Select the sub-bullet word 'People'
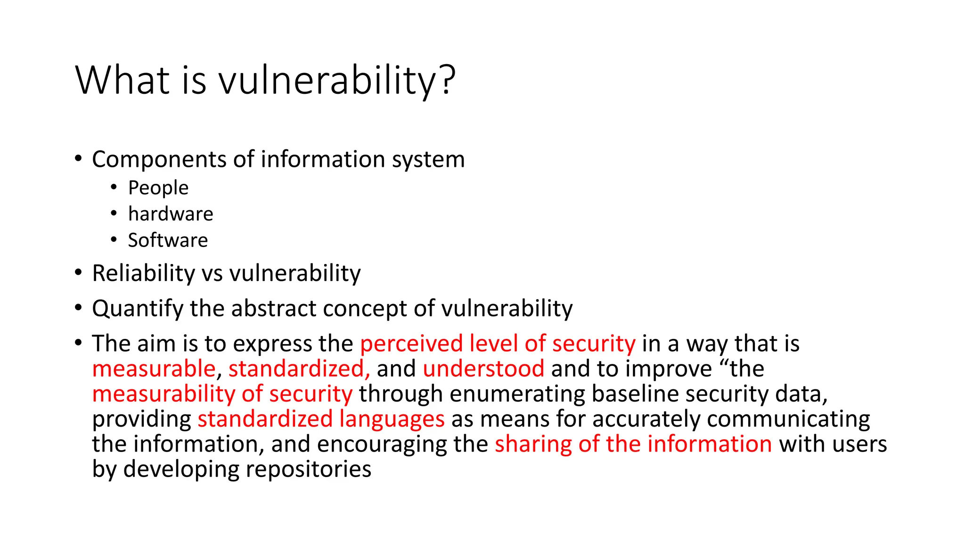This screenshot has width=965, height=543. click(x=158, y=188)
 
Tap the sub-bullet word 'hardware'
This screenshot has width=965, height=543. click(x=171, y=214)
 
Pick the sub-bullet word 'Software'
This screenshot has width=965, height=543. click(x=168, y=240)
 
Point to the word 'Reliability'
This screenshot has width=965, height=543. click(x=143, y=273)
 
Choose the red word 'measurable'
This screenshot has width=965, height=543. click(x=154, y=369)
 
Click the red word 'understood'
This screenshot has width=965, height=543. click(x=483, y=369)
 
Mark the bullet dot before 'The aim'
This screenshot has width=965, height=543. click(x=79, y=343)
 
